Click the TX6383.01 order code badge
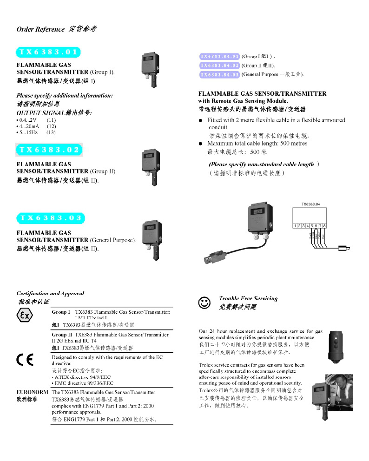pyautogui.click(x=48, y=52)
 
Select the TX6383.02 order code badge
pyautogui.click(x=49, y=150)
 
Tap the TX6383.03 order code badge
pyautogui.click(x=50, y=218)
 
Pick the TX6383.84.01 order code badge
pyautogui.click(x=219, y=57)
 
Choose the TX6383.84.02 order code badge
pyautogui.click(x=219, y=66)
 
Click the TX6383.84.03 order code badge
pyautogui.click(x=219, y=74)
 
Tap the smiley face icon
pyautogui.click(x=204, y=303)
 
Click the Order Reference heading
pyautogui.click(x=40, y=29)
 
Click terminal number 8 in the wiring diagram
pyautogui.click(x=324, y=225)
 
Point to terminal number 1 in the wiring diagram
pyautogui.click(x=295, y=225)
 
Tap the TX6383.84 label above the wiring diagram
pyautogui.click(x=311, y=204)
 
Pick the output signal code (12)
pyautogui.click(x=51, y=126)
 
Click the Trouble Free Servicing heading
pyautogui.click(x=248, y=298)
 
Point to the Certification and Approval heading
pyautogui.click(x=50, y=293)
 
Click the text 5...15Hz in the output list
pyautogui.click(x=29, y=132)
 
